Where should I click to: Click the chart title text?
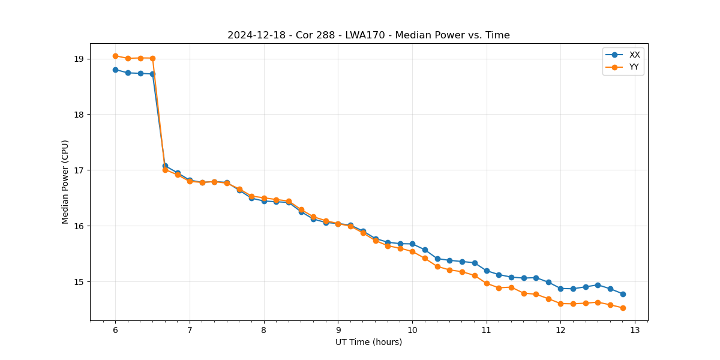click(x=368, y=35)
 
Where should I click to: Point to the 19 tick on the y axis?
click(x=79, y=59)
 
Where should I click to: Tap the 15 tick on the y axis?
click(x=79, y=282)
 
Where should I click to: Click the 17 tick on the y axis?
click(x=79, y=170)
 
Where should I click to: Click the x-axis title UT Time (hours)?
click(x=368, y=343)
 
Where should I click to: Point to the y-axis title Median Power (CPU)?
click(x=65, y=182)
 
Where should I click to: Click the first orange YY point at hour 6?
click(x=115, y=56)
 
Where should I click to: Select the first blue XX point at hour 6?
click(x=115, y=70)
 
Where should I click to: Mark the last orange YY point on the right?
click(x=623, y=308)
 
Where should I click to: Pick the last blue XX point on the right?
click(x=623, y=294)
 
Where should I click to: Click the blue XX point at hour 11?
click(x=487, y=271)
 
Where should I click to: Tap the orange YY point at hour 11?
click(x=487, y=283)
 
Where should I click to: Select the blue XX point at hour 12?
click(x=560, y=289)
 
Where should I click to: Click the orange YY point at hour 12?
click(x=560, y=304)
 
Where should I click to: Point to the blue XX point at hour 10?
click(x=412, y=244)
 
